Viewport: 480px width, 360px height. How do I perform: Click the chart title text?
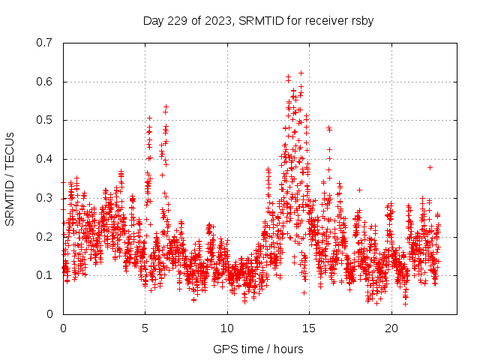point(258,20)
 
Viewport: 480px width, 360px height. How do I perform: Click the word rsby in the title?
point(360,20)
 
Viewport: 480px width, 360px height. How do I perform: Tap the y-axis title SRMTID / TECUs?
point(10,178)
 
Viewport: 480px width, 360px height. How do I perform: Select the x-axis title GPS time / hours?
point(258,349)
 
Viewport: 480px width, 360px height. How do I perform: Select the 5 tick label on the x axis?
point(145,328)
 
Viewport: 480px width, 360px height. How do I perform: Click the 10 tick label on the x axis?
point(227,328)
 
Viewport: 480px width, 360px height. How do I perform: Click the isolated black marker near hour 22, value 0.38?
point(430,167)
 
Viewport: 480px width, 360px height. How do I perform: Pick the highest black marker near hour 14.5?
point(301,73)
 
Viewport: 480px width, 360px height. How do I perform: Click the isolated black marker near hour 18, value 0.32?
point(359,190)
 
